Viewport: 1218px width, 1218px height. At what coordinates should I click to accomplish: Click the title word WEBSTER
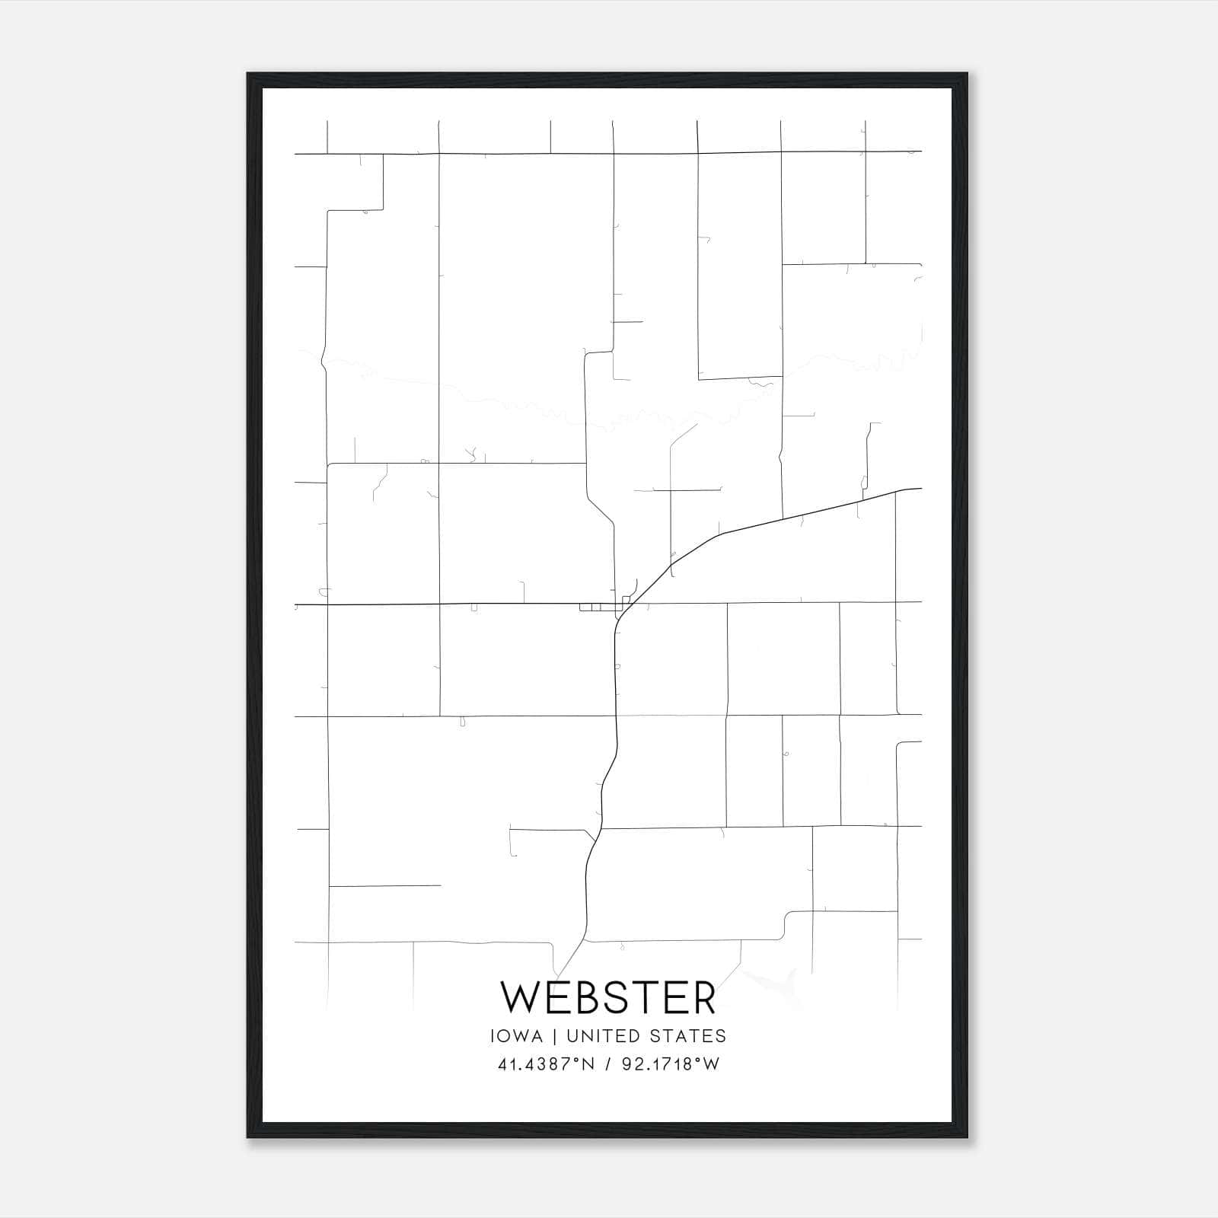(x=608, y=997)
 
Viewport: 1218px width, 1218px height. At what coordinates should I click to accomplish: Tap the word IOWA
(x=517, y=1036)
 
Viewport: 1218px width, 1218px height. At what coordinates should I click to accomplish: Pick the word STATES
(x=687, y=1036)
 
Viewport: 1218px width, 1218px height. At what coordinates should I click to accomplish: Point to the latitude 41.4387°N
(x=544, y=1063)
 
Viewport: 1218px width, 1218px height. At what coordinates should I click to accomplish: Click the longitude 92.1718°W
(x=670, y=1063)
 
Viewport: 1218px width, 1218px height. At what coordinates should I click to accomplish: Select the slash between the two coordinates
(x=607, y=1063)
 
